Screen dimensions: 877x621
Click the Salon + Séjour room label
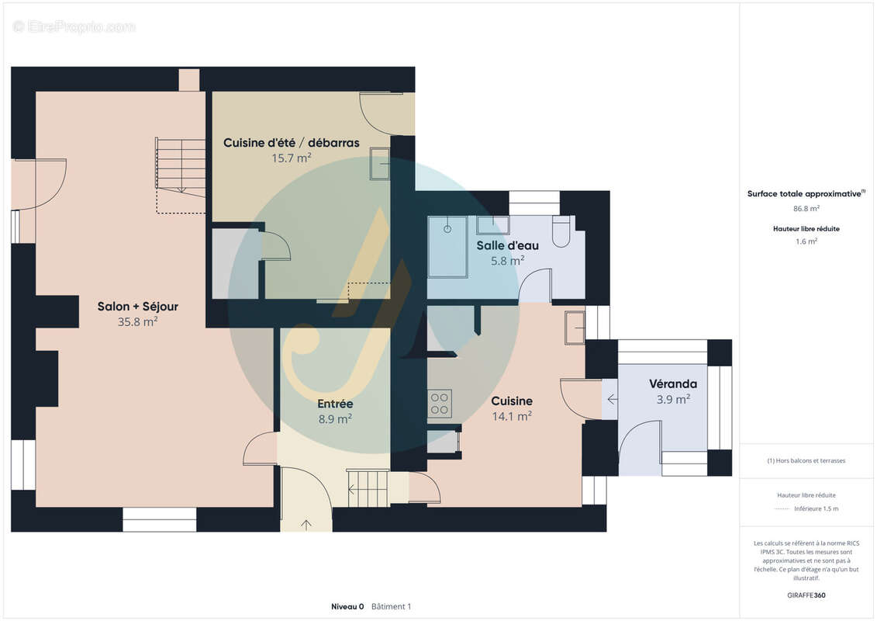137,307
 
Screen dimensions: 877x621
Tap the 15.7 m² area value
291,158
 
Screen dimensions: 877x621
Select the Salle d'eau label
507,245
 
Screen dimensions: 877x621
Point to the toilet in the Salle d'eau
561,231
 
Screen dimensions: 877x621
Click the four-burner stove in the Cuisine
440,403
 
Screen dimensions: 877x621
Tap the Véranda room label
673,384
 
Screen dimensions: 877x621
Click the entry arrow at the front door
306,525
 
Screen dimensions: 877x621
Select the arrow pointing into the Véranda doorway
613,399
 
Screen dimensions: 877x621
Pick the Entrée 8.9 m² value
335,419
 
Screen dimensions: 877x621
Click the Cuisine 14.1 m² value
512,416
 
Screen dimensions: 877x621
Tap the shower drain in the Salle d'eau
447,229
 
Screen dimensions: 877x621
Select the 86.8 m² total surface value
806,208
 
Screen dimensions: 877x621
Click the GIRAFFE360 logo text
806,595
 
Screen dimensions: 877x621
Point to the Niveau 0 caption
347,606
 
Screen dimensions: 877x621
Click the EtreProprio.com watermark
74,26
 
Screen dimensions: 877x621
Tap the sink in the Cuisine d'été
380,164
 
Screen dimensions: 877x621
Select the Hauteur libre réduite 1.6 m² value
806,241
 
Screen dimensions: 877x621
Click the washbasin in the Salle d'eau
492,225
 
